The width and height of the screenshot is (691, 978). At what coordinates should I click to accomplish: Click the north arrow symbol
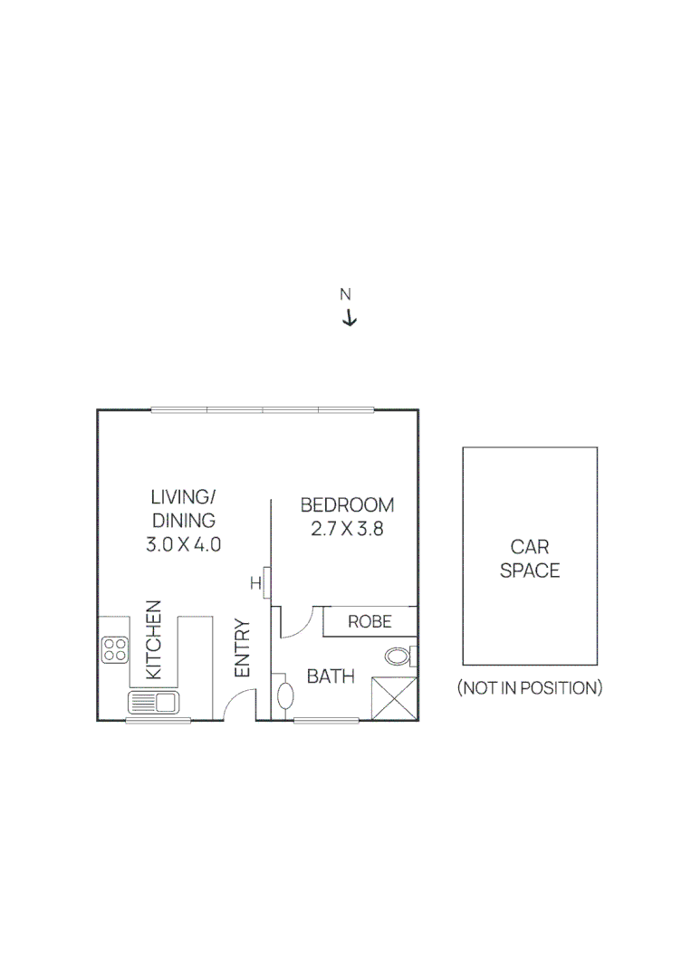click(349, 318)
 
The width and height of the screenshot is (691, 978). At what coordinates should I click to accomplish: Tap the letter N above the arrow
click(345, 294)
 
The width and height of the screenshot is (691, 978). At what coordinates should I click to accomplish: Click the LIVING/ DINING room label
click(183, 509)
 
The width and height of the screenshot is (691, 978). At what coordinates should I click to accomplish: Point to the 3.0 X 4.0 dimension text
click(183, 545)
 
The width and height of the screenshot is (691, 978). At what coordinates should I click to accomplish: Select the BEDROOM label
click(347, 505)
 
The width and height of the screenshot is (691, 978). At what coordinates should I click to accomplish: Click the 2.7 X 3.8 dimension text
click(347, 530)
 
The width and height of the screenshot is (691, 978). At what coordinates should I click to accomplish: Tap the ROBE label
click(369, 621)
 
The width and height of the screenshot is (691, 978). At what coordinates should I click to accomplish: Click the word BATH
click(330, 676)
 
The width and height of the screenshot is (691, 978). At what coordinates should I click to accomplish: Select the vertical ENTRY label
click(242, 648)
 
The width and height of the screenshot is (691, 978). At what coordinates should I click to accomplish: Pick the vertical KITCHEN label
click(154, 639)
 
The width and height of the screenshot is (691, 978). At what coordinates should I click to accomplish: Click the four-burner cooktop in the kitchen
click(115, 648)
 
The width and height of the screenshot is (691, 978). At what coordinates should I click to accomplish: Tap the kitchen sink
click(154, 701)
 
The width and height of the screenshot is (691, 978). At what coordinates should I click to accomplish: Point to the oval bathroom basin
click(284, 695)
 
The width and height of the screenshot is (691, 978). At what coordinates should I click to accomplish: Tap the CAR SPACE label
click(530, 559)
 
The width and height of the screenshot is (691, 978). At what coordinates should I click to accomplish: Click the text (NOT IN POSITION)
click(529, 688)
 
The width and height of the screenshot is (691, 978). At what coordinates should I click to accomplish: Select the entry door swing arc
click(237, 703)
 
